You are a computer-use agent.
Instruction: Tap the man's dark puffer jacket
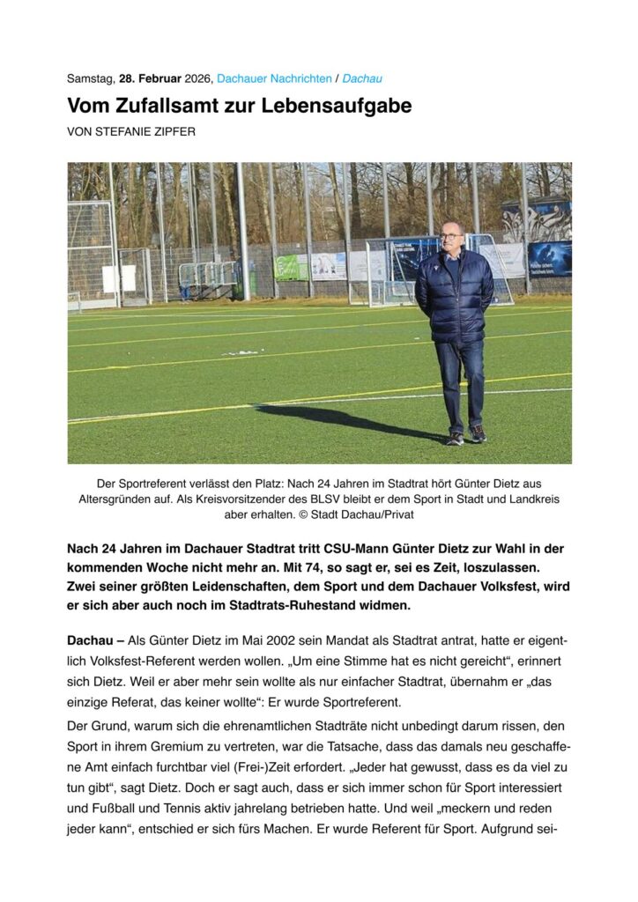(454, 295)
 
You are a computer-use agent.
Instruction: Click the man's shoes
(466, 435)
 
